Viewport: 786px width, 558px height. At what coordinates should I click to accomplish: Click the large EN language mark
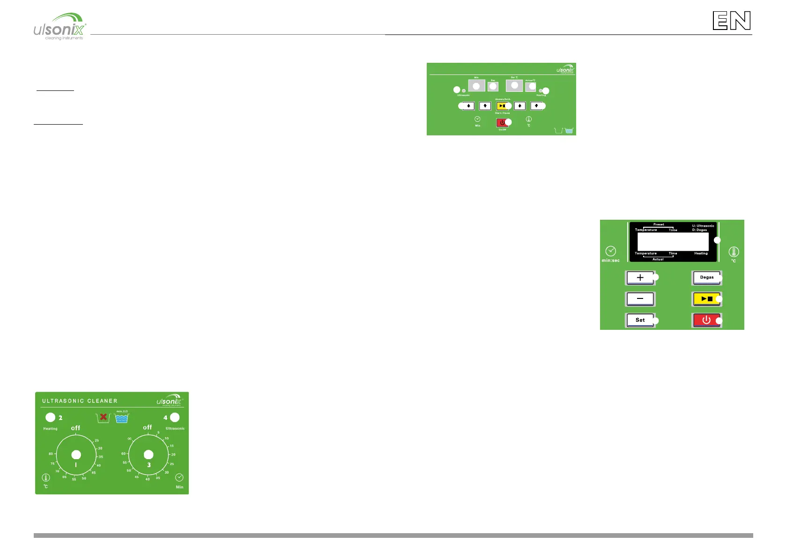pos(732,21)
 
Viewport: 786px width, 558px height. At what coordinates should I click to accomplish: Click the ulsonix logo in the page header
pos(60,27)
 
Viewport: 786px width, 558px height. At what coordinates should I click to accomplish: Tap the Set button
pos(640,320)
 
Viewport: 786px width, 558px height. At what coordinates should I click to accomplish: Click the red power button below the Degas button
pos(706,320)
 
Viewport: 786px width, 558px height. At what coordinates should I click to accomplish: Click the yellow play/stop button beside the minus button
pos(706,298)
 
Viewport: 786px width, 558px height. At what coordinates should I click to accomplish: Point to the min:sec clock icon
pos(610,251)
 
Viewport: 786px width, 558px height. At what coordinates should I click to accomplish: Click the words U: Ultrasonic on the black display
pos(703,226)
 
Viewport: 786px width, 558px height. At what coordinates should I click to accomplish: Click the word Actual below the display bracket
pos(658,259)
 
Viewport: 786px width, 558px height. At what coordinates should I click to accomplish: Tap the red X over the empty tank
pos(104,417)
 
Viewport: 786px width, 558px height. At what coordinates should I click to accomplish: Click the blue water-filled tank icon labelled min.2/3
pos(122,418)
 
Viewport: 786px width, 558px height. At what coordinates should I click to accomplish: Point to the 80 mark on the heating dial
pos(51,454)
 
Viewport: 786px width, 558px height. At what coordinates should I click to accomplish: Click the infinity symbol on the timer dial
pos(130,439)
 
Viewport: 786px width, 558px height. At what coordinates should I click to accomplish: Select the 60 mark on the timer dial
pos(123,454)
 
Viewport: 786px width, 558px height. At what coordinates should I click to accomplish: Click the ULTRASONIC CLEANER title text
pos(80,401)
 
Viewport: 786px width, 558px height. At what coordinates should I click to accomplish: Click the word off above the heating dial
pos(75,428)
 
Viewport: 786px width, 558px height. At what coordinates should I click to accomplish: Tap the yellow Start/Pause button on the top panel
pos(502,106)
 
